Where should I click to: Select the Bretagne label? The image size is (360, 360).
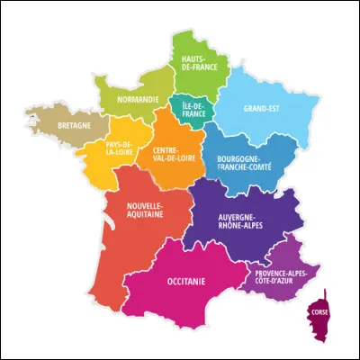[x=73, y=126]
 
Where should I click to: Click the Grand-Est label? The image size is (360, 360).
[x=260, y=109]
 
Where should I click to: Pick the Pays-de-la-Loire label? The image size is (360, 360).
[x=121, y=148]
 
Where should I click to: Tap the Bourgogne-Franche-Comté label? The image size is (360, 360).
[x=243, y=164]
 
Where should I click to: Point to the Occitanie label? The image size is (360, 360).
[x=186, y=282]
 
